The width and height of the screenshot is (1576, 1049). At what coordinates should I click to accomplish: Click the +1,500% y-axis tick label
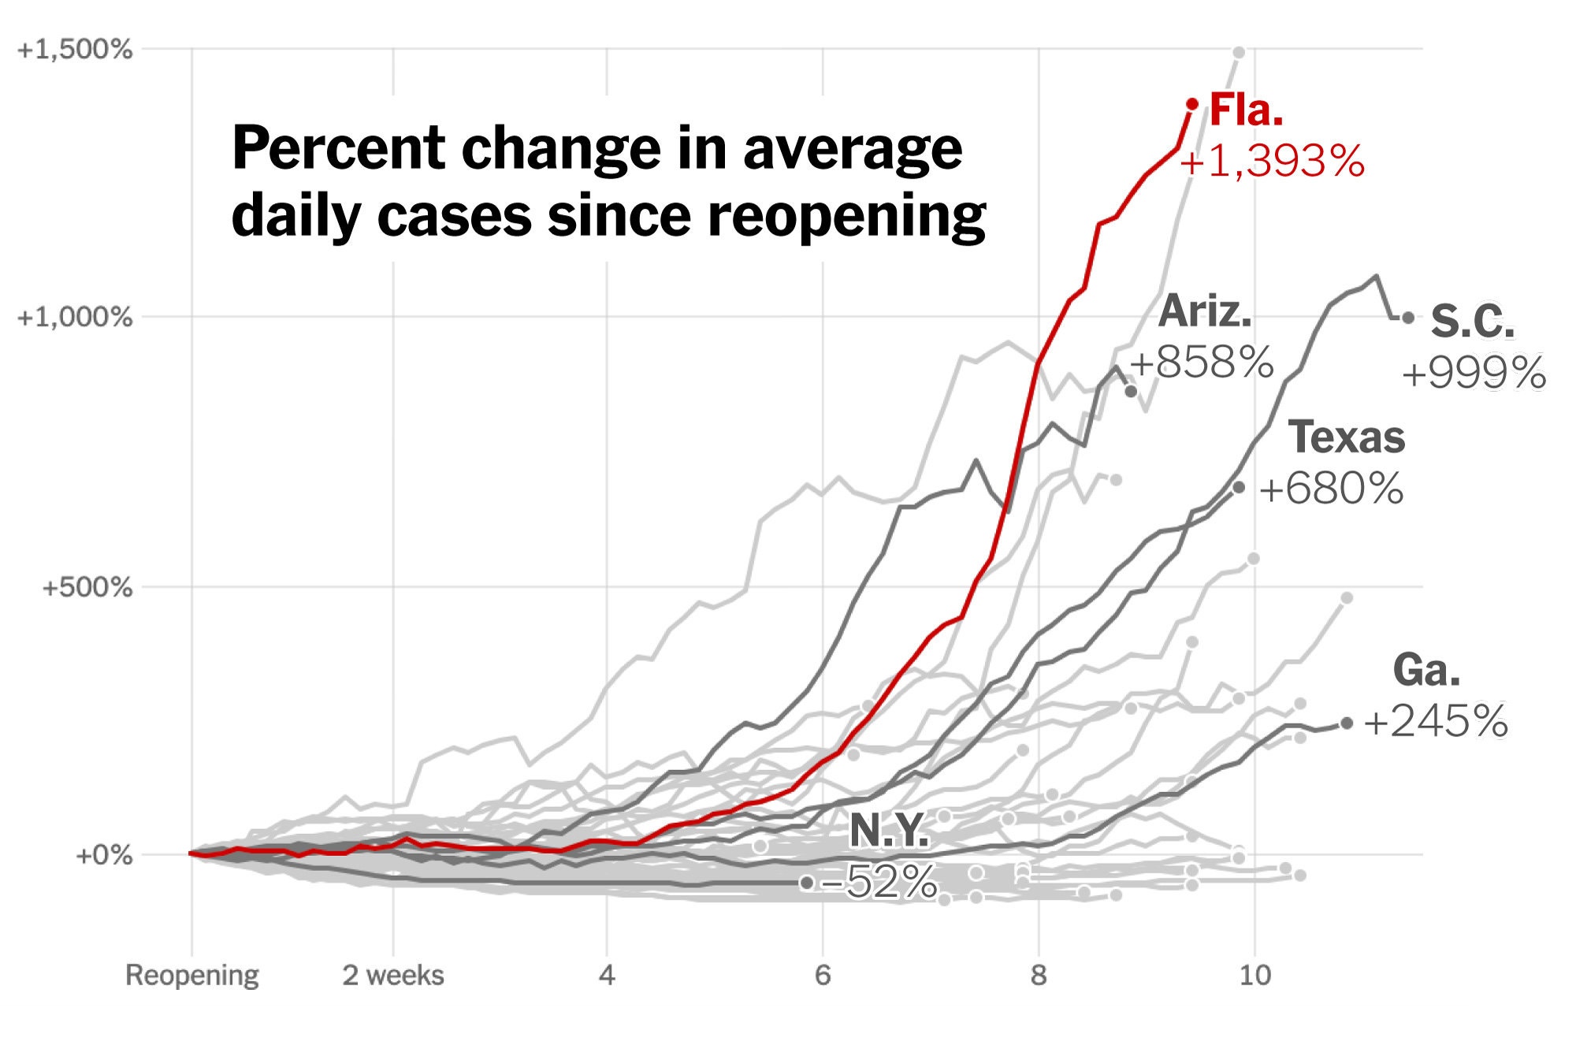(x=75, y=50)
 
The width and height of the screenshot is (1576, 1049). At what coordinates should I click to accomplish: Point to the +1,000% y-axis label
(x=75, y=318)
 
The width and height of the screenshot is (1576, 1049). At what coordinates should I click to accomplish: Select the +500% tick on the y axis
(x=87, y=587)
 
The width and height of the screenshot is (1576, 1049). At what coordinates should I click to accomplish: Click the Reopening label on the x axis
(x=191, y=976)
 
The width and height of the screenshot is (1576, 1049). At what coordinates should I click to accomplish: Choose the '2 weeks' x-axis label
(x=392, y=976)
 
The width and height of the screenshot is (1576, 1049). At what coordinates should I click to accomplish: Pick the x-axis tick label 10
(x=1255, y=976)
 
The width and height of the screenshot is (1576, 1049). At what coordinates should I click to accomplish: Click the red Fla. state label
(x=1247, y=110)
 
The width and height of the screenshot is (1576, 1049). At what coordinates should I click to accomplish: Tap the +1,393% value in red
(x=1272, y=162)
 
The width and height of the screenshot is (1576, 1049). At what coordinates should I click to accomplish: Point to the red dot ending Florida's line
(x=1192, y=104)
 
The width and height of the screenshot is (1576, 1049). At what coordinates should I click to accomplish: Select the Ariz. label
(x=1205, y=311)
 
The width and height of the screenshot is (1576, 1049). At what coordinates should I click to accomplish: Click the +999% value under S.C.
(x=1474, y=372)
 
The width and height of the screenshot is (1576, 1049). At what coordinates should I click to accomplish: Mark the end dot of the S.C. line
(x=1408, y=318)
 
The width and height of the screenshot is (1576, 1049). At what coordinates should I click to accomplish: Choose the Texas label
(x=1347, y=437)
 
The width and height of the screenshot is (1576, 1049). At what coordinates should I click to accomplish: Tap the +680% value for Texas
(x=1331, y=489)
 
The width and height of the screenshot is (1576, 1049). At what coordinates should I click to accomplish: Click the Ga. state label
(x=1426, y=670)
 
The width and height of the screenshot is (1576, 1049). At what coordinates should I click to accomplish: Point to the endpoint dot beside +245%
(x=1347, y=723)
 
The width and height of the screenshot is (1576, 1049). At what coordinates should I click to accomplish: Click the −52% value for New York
(x=879, y=882)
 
